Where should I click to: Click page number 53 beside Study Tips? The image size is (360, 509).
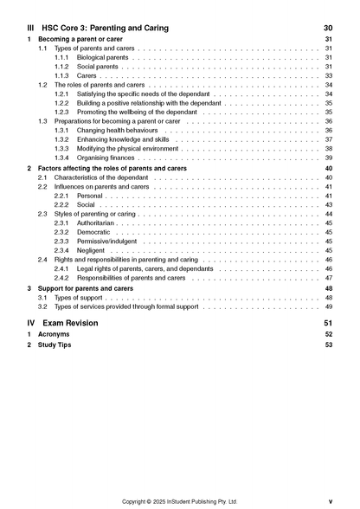click(328, 345)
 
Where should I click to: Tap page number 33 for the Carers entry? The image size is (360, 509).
click(328, 76)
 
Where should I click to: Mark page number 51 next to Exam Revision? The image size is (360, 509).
click(327, 323)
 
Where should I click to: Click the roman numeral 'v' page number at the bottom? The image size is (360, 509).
click(330, 500)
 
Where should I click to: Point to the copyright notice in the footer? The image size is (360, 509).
click(179, 500)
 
